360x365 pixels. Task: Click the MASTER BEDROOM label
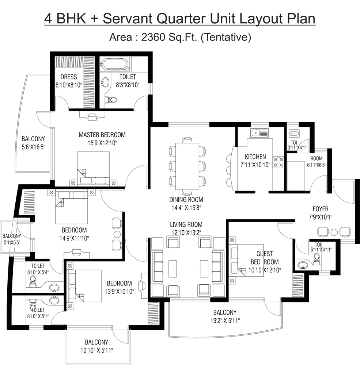[102, 135]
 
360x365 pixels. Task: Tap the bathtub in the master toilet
[115, 65]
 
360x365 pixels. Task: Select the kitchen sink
[259, 132]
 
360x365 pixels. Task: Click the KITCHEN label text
[255, 157]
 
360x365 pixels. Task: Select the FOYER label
[320, 209]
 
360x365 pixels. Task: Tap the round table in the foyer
[334, 232]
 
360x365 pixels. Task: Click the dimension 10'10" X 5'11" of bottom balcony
[96, 350]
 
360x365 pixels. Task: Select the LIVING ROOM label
[186, 224]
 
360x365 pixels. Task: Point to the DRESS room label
[69, 77]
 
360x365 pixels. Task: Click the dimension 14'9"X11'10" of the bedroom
[74, 238]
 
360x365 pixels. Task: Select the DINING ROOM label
[186, 200]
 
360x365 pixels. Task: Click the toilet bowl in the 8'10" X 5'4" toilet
[33, 280]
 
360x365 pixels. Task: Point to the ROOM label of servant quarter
[316, 159]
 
